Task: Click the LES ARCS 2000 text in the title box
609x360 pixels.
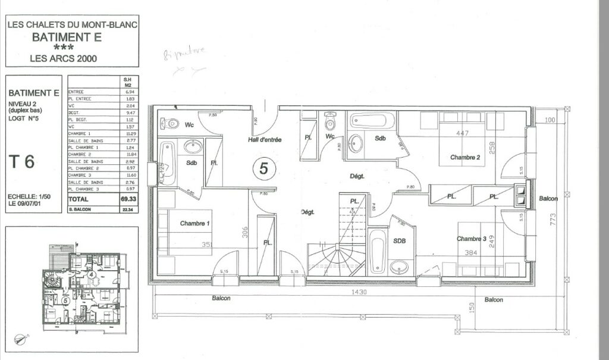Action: (x=72, y=58)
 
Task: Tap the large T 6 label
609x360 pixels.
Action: (x=23, y=161)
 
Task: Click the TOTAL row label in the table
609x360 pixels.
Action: (x=80, y=199)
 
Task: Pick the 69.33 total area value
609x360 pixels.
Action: (x=127, y=199)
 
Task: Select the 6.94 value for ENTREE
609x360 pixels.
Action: (x=127, y=92)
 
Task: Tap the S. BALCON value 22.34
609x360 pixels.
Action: (x=127, y=210)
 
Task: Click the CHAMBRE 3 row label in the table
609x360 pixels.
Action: (x=80, y=176)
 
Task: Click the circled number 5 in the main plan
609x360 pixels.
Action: (x=264, y=168)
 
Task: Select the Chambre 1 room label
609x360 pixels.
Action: (x=194, y=223)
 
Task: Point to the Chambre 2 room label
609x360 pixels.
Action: (x=464, y=158)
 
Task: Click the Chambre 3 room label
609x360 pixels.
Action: (x=472, y=239)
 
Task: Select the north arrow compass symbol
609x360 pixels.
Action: (x=21, y=339)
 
